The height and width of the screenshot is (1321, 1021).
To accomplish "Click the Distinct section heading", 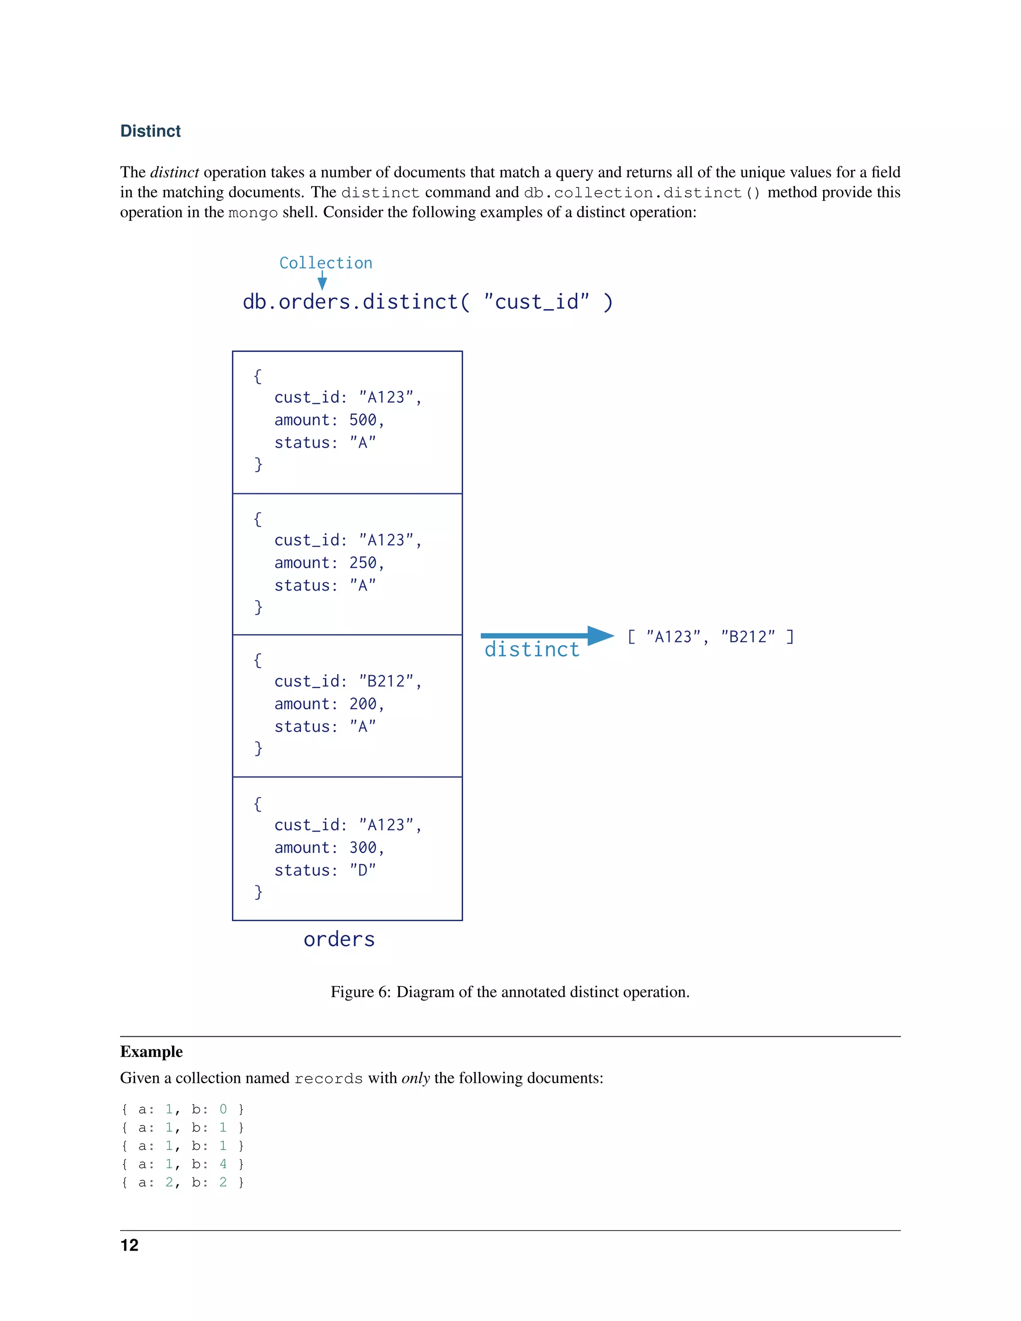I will coord(150,131).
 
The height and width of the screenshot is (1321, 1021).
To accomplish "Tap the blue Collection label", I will coord(326,263).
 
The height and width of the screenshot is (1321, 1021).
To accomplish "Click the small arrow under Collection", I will coord(323,281).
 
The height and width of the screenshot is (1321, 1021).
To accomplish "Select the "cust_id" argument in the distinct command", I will coord(536,301).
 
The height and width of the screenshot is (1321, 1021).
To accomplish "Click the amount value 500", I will coord(363,420).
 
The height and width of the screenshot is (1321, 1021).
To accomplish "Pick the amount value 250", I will coord(363,562).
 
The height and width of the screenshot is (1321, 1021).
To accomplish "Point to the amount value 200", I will coord(363,704).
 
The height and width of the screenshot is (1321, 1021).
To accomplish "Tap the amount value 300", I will coord(363,847).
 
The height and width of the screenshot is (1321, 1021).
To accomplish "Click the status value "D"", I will coord(363,870).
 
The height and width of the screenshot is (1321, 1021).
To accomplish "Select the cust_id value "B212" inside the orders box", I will coord(386,681).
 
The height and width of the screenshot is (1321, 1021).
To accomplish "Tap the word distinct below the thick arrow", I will coord(531,650).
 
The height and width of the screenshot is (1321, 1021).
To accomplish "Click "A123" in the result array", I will coord(673,637).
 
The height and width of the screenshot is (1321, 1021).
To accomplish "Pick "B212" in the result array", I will coord(748,637).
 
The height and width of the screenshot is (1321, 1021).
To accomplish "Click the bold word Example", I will coord(151,1051).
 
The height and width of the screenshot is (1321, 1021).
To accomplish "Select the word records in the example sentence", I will coord(328,1078).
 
